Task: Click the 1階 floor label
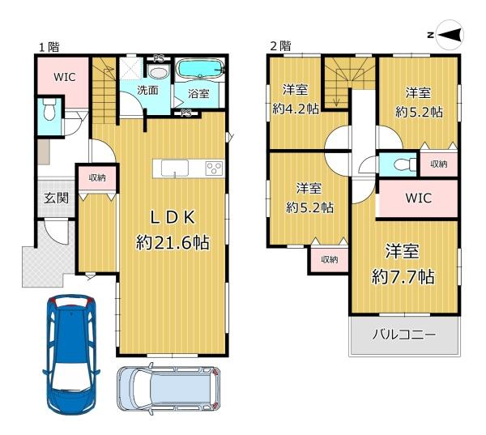(x=46, y=47)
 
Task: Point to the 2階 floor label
(x=279, y=47)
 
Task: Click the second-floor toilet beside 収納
(x=400, y=165)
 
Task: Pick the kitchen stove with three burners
(x=215, y=168)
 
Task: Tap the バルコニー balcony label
(x=403, y=333)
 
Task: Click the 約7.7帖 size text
(x=403, y=276)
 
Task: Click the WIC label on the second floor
(x=417, y=198)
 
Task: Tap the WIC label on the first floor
(x=65, y=77)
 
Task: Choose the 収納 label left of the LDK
(x=97, y=176)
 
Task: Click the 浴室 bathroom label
(x=198, y=94)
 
